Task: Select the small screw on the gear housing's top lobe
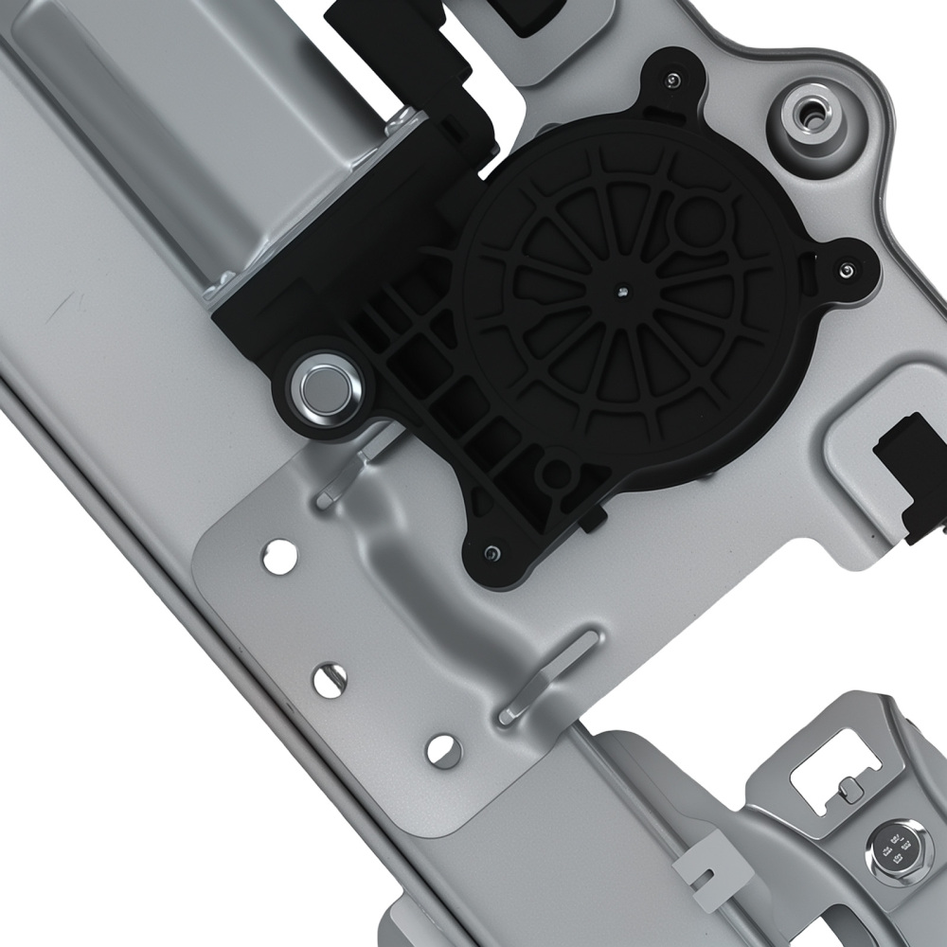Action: (672, 78)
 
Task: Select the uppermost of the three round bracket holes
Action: (279, 556)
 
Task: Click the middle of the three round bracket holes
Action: (330, 679)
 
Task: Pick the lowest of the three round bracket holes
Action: (443, 750)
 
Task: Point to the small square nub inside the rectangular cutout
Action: (849, 792)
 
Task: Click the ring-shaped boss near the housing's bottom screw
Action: (557, 475)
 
